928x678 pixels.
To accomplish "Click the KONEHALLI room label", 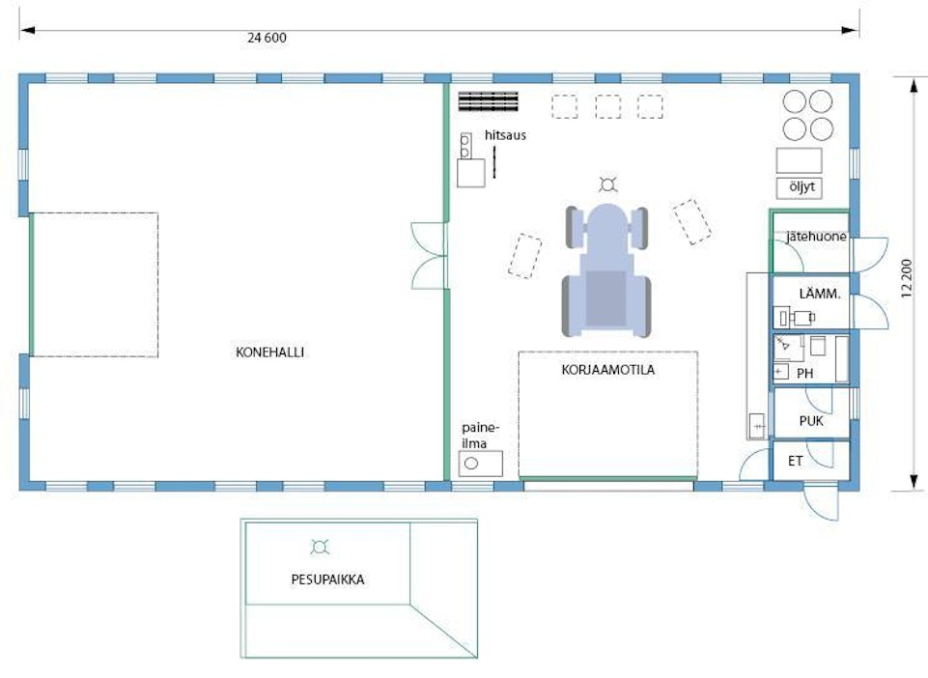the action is click(269, 353).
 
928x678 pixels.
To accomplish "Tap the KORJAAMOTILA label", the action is click(607, 370).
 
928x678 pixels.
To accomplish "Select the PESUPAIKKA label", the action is click(328, 579).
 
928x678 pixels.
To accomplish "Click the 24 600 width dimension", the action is click(267, 38).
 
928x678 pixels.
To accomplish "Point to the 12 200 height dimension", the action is click(907, 279).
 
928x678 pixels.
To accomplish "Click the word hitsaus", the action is click(505, 135).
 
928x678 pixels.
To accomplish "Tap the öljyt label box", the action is click(799, 187).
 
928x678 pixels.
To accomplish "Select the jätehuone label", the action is click(816, 237).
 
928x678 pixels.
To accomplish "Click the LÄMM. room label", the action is click(820, 294).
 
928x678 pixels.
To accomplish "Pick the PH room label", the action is click(805, 374).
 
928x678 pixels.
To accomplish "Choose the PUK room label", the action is click(811, 421).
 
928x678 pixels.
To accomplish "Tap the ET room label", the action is click(796, 461).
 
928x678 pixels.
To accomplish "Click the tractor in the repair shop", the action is click(606, 270).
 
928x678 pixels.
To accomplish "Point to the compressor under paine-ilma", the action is click(480, 463).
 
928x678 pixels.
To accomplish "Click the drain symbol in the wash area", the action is click(320, 548).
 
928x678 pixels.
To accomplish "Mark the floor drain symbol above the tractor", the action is click(607, 185).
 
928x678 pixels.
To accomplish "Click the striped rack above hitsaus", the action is click(489, 101).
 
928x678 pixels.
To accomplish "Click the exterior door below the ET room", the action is click(821, 502).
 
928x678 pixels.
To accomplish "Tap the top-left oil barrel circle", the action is click(795, 101).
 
